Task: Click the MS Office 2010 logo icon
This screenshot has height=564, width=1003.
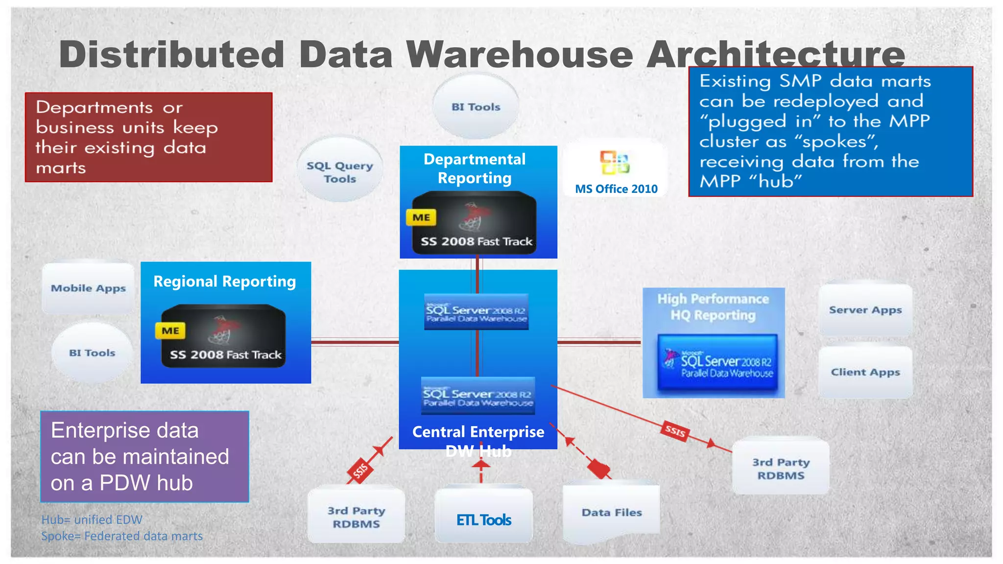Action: (615, 163)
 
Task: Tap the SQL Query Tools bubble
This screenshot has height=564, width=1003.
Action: (340, 171)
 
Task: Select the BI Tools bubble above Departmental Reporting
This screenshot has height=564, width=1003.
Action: (476, 107)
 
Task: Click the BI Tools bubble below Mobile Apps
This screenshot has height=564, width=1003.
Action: (92, 352)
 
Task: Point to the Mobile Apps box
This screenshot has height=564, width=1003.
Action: (88, 288)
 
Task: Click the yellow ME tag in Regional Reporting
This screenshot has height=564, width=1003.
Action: (170, 330)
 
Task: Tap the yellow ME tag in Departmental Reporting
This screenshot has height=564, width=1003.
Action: (421, 217)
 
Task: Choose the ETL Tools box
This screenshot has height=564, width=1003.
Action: (483, 519)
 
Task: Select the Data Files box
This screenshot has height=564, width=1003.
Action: (611, 512)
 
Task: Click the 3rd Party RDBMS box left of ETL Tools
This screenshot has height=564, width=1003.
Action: (356, 517)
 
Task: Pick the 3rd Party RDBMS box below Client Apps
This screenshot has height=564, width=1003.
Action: (781, 468)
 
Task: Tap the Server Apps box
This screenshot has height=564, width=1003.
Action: (865, 310)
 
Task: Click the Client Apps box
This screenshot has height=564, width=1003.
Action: (865, 372)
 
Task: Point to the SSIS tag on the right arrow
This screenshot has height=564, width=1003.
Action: (675, 431)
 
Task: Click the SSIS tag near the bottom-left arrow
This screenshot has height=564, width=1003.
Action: (360, 471)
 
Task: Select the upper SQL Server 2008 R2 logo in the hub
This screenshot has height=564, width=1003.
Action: (476, 312)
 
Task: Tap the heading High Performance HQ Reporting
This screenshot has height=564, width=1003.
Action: (713, 306)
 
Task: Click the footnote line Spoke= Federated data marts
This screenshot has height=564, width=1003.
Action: (121, 536)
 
